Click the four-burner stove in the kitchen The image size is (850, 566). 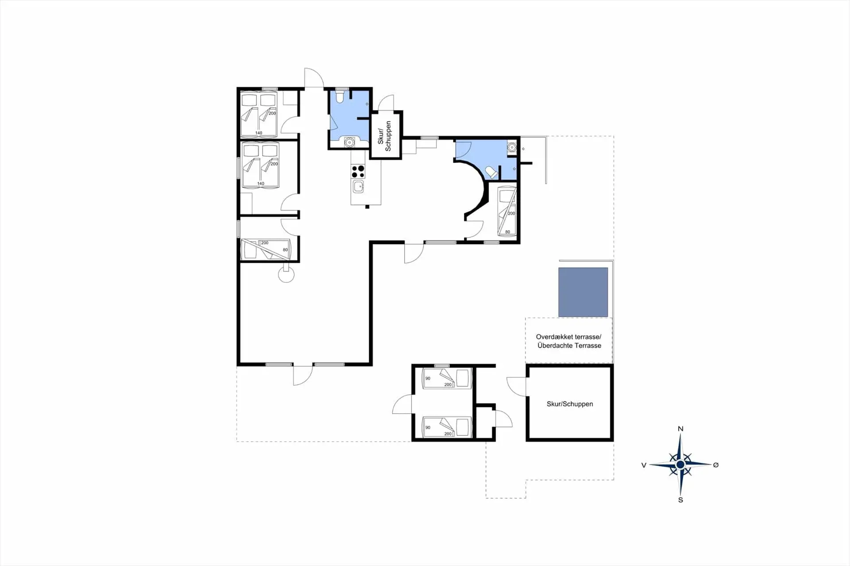click(358, 171)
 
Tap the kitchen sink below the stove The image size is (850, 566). click(358, 187)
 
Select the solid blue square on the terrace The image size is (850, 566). click(583, 292)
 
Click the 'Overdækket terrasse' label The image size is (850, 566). click(568, 337)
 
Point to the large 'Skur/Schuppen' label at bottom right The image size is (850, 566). click(570, 404)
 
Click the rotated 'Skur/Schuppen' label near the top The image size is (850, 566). click(384, 136)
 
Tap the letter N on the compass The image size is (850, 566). click(680, 428)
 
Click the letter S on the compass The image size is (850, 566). click(680, 500)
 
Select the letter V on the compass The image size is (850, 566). click(644, 465)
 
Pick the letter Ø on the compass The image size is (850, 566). click(716, 465)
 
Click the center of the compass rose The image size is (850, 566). click(680, 465)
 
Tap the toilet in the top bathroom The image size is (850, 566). click(340, 96)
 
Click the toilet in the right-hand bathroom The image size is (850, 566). click(491, 172)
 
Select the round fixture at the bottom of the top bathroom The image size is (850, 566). click(350, 142)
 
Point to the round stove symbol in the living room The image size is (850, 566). click(286, 274)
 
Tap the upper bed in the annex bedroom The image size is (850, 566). click(447, 378)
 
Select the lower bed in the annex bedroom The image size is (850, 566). click(447, 427)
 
